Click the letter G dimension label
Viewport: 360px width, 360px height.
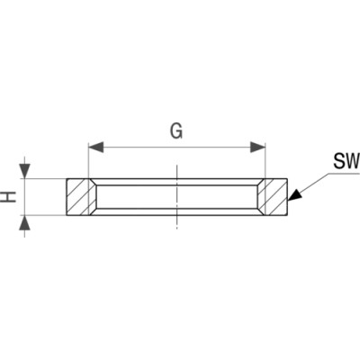tap(176, 131)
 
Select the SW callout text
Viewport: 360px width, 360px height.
tap(346, 161)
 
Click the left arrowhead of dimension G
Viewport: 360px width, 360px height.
tap(96, 148)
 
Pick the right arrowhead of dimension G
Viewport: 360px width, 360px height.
tap(257, 148)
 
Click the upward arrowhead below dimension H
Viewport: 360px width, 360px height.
tap(24, 223)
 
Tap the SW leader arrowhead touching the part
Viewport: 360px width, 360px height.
tap(294, 194)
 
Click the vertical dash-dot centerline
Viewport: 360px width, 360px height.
tap(177, 197)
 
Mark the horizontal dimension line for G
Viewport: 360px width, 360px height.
tap(177, 148)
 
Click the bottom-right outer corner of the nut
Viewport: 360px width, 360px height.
tap(288, 215)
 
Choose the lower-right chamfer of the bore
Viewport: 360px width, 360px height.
tap(261, 211)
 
